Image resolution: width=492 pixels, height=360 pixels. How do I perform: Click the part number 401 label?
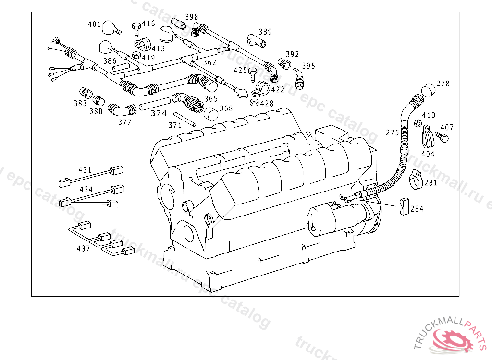(94, 24)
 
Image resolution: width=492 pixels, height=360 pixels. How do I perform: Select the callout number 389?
(265, 32)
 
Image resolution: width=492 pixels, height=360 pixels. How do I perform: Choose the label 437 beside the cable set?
(83, 249)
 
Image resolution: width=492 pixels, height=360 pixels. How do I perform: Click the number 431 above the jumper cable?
(85, 170)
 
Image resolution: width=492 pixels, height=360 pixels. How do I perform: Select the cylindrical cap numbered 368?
(211, 115)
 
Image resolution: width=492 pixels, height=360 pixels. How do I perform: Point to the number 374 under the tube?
(159, 114)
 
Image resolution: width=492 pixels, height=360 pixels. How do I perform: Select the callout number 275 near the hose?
(393, 132)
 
